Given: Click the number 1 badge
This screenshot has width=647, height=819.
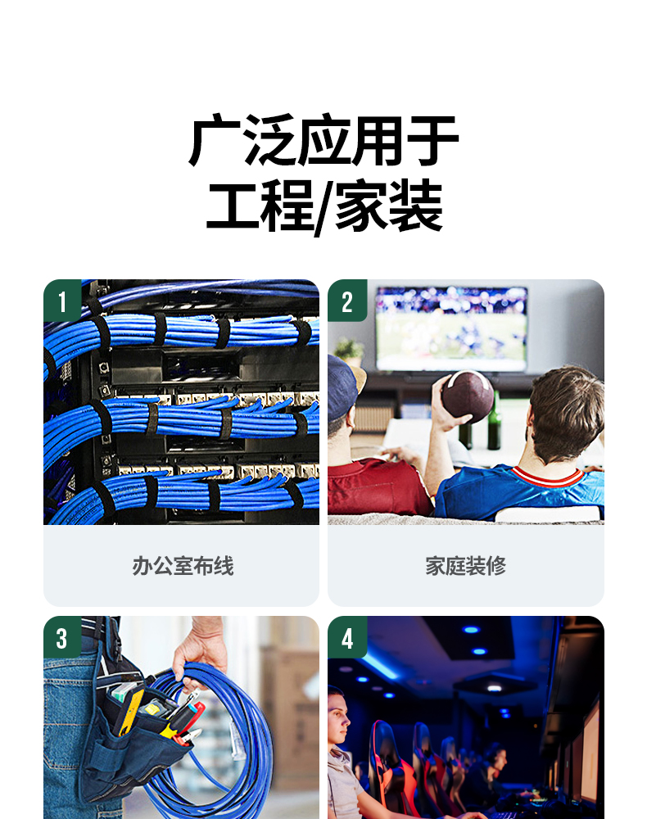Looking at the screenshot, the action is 62,301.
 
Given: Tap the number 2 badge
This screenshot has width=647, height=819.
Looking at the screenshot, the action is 347,301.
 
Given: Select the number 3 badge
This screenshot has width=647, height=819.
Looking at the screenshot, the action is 62,637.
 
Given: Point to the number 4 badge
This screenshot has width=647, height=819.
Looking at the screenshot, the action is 347,637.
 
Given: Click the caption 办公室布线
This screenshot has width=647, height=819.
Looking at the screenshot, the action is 183,566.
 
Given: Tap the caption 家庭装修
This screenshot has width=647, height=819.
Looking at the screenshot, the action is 466,566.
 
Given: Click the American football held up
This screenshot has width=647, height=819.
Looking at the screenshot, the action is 468,396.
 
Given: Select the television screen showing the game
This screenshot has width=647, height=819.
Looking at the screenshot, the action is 452,328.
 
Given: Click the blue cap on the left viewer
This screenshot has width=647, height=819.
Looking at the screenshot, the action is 342,386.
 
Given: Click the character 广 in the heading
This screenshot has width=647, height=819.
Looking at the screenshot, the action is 214,140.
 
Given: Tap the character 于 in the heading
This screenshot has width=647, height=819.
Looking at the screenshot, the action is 432,140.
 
